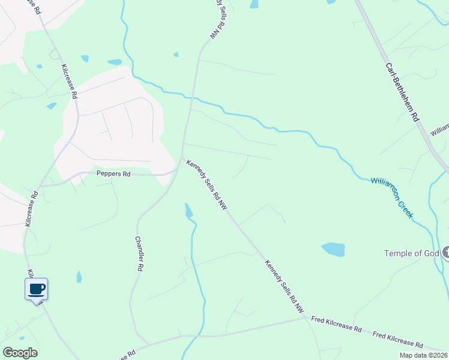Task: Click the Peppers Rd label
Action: (113, 174)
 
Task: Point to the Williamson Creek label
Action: (392, 197)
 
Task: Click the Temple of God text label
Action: (411, 253)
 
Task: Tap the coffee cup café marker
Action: (36, 289)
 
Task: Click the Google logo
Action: (20, 353)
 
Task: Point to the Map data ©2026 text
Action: (423, 355)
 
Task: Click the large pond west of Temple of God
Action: (333, 249)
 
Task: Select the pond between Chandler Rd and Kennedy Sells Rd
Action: (188, 211)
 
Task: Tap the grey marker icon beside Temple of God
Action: (445, 253)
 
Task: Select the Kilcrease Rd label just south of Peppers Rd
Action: (32, 209)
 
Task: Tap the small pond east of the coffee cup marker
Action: (79, 277)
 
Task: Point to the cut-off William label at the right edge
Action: (440, 128)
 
